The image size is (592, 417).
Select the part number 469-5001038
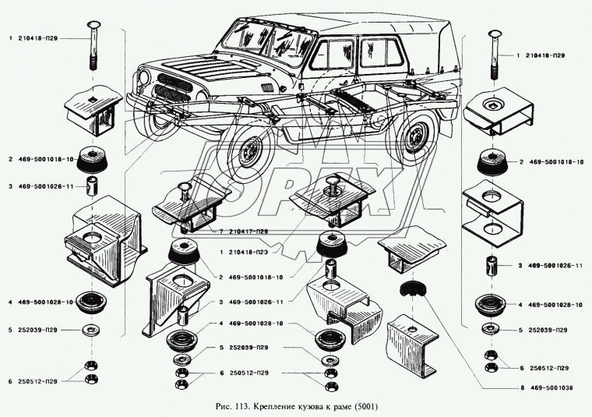pos(530,387)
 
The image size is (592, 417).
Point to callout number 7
pos(221,231)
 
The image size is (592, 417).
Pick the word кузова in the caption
pos(320,405)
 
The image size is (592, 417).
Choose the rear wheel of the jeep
pos(416,133)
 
